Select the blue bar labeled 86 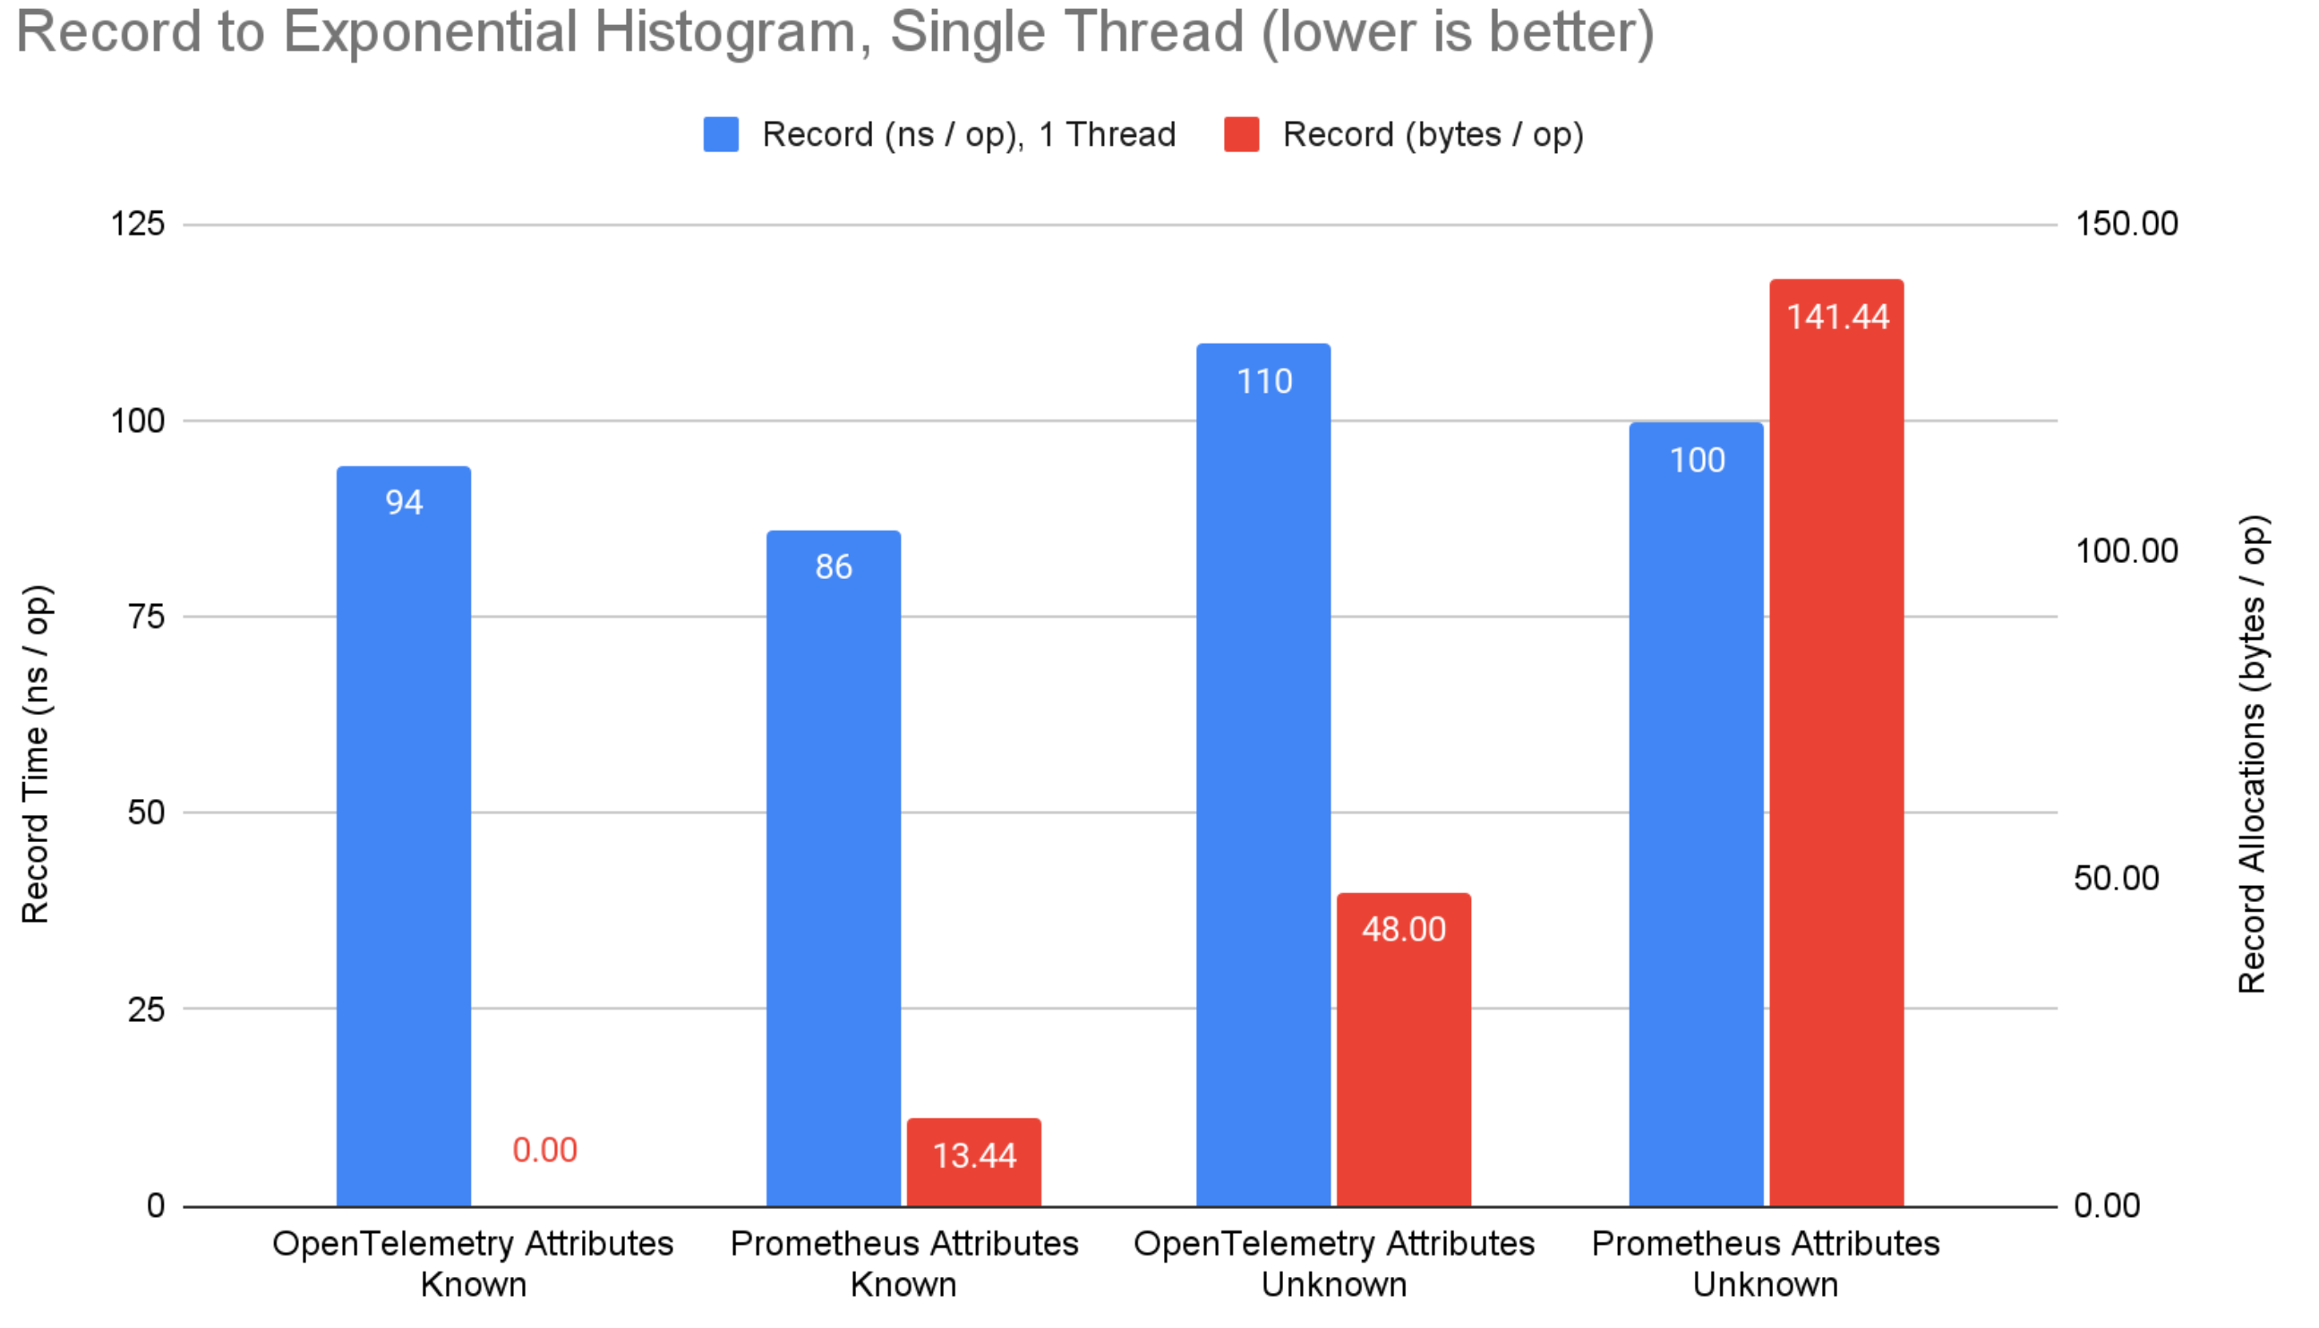[x=833, y=866]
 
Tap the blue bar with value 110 [x=1262, y=775]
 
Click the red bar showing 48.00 [x=1403, y=1049]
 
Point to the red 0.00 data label [x=544, y=1150]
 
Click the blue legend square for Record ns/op [x=721, y=134]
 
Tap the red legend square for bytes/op [x=1241, y=134]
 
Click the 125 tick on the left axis [x=138, y=224]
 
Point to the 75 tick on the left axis [x=146, y=617]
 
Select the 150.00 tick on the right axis [x=2126, y=224]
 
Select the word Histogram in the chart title [x=725, y=32]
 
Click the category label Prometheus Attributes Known [x=904, y=1264]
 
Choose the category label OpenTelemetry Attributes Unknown [x=1334, y=1264]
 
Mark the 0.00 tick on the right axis [x=2107, y=1205]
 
